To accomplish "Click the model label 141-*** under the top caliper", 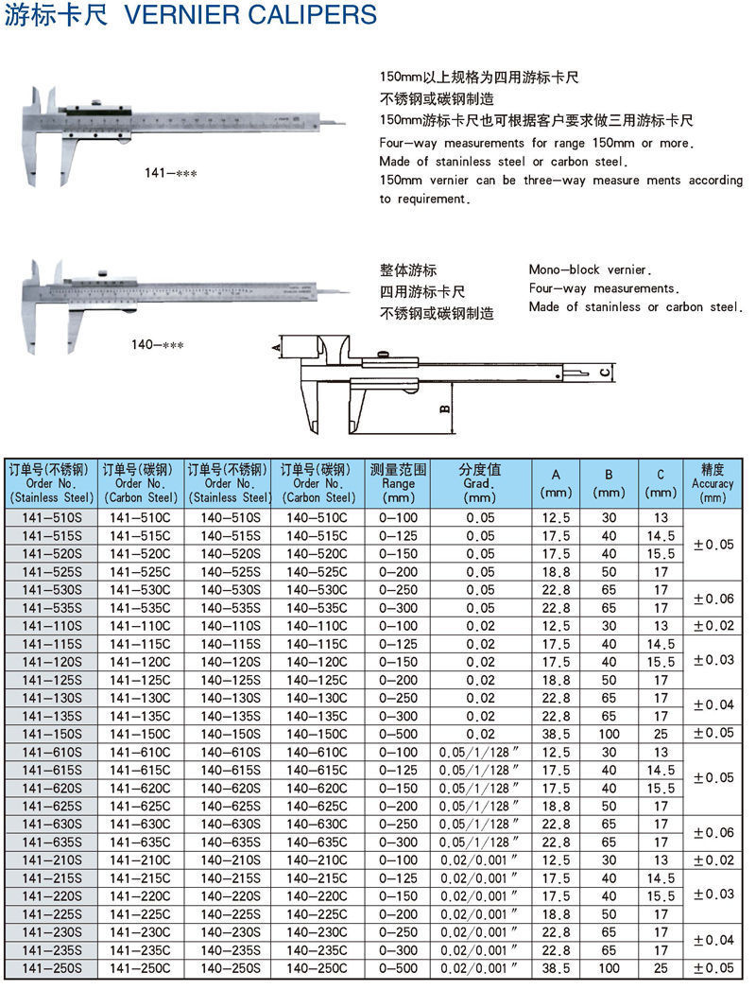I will coord(170,173).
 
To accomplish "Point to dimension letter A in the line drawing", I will coord(276,348).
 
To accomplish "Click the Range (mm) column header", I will coord(398,483).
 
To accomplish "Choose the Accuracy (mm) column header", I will coord(713,483).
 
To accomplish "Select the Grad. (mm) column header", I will coord(480,483).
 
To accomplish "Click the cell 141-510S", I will coord(52,518).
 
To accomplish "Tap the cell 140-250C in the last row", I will coord(317,968).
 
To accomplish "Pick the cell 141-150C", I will coord(140,734).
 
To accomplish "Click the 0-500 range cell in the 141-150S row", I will coord(398,734).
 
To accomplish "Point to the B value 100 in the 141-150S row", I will coord(610,734).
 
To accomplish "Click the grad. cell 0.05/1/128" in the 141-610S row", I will coord(480,753).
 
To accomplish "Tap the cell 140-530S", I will coord(230,590).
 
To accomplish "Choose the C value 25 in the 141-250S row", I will coord(661,968).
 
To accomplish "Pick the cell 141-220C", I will coord(140,896).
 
